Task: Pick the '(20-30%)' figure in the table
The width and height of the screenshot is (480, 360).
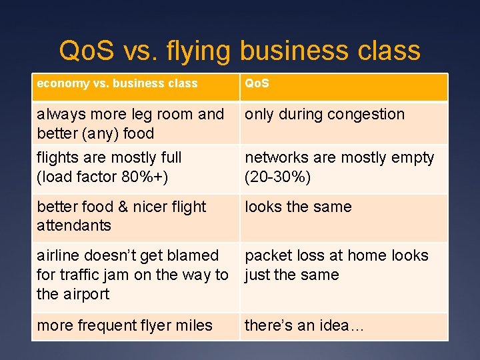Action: click(x=278, y=177)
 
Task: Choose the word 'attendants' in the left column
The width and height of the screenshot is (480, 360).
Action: click(x=74, y=225)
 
